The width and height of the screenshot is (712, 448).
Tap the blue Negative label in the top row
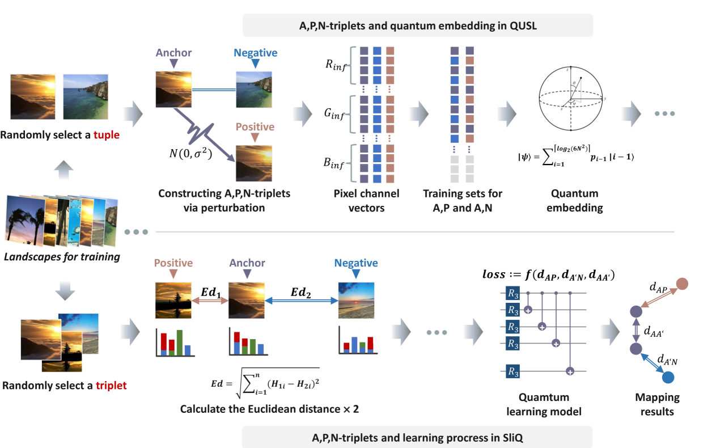(x=256, y=53)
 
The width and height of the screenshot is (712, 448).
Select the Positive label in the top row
(x=255, y=126)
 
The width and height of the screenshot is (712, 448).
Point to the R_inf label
(x=337, y=64)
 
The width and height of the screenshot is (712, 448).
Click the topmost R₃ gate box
(x=512, y=294)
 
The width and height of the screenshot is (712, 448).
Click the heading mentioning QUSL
(x=418, y=26)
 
